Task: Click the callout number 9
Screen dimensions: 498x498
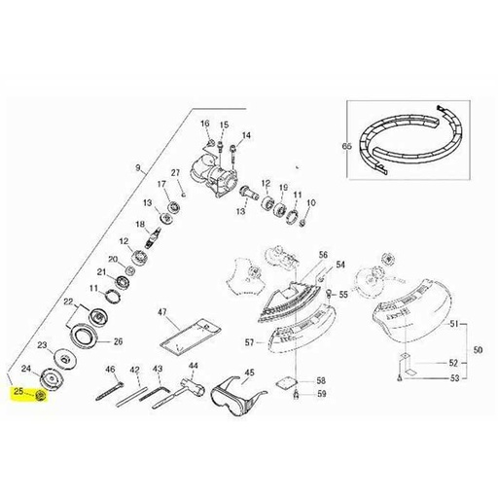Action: coord(139,169)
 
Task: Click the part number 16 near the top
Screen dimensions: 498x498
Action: coord(205,124)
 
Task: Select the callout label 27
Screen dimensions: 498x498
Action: coord(176,173)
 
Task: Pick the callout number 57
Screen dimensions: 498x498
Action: coord(249,342)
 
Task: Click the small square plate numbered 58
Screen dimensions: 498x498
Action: coord(286,381)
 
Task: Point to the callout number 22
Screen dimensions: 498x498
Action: coord(69,302)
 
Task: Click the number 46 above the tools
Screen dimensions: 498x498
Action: coord(111,369)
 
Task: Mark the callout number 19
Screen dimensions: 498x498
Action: coord(283,187)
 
